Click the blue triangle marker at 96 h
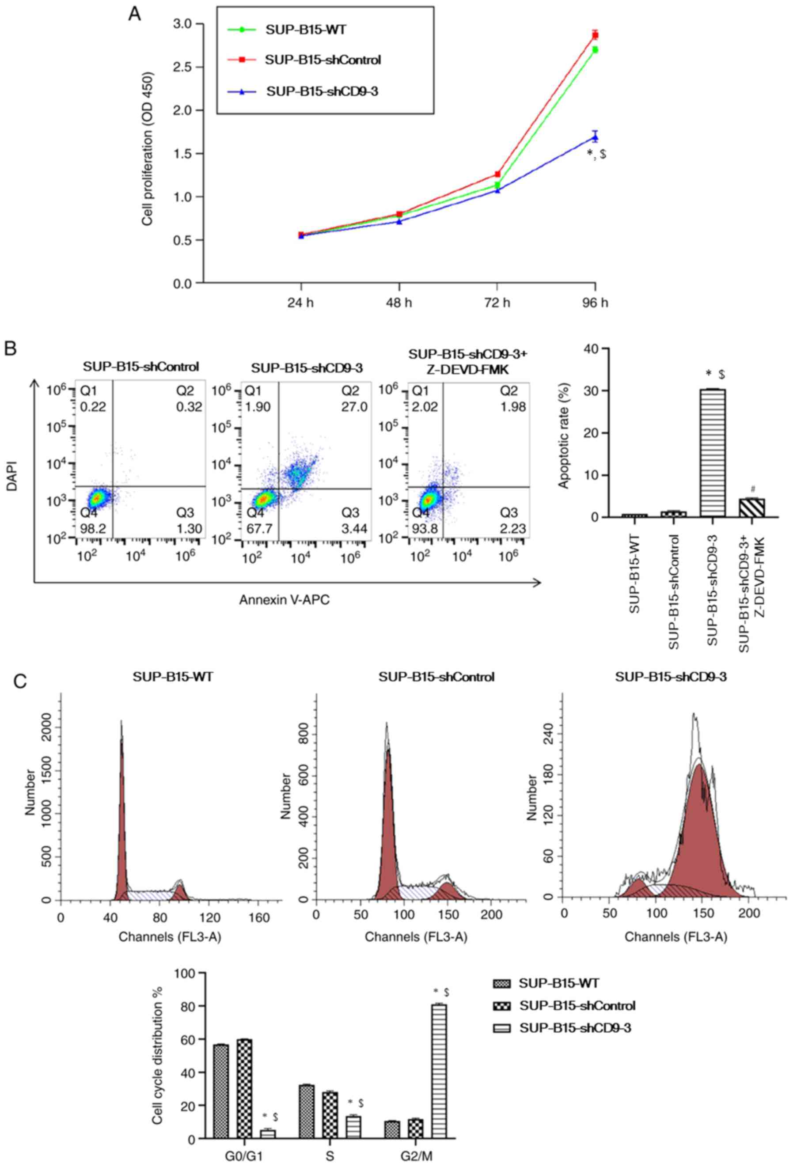click(595, 137)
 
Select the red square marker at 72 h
click(497, 174)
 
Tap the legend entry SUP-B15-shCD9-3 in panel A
click(322, 91)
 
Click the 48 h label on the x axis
click(399, 303)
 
